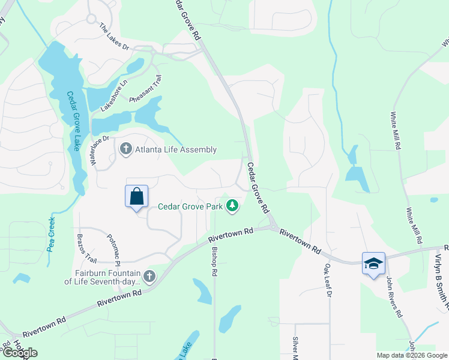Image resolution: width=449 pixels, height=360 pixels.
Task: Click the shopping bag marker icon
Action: (x=136, y=196)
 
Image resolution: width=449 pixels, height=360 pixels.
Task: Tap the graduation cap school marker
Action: (x=373, y=263)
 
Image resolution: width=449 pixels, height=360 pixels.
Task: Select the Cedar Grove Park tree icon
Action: (x=232, y=206)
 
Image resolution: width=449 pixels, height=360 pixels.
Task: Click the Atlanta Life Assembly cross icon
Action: (x=125, y=149)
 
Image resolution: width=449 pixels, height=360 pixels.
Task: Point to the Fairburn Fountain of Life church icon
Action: (x=149, y=276)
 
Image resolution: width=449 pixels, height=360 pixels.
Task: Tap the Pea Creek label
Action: (x=51, y=236)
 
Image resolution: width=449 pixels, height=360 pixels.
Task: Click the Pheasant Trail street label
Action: (x=146, y=89)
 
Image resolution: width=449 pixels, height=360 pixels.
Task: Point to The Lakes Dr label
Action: (x=113, y=37)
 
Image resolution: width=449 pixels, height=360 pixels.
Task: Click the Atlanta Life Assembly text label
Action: (x=175, y=149)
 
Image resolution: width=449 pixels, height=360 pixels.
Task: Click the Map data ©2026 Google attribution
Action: (x=411, y=355)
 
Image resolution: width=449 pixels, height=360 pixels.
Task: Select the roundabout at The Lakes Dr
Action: (x=91, y=19)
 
